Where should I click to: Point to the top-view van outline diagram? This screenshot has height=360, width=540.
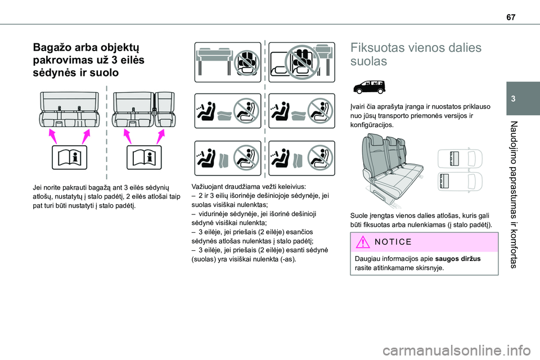459,170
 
